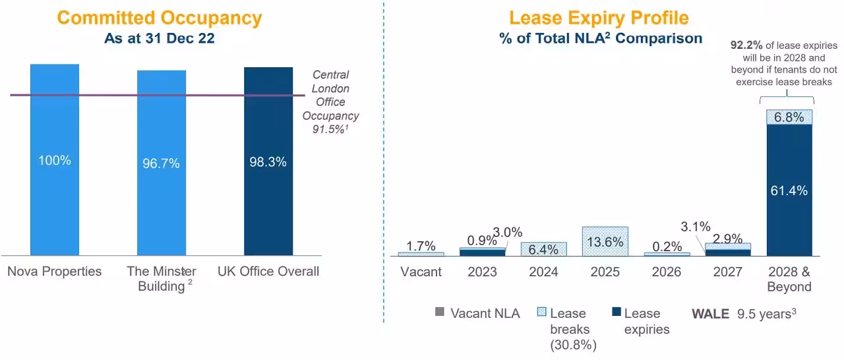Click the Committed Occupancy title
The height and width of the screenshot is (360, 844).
(x=159, y=18)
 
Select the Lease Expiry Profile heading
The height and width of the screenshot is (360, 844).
(x=599, y=18)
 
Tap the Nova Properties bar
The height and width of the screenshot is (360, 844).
(x=55, y=198)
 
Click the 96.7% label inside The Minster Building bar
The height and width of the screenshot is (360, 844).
(x=161, y=164)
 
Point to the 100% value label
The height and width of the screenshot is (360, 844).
(x=55, y=160)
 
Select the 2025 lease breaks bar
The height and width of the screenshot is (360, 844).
(x=605, y=241)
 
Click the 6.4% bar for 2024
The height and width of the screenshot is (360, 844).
(x=543, y=249)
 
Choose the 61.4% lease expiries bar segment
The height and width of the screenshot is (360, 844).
(x=789, y=190)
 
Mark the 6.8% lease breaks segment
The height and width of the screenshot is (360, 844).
(x=789, y=117)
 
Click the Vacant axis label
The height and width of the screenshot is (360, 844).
(x=421, y=272)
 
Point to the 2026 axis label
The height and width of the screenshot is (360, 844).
(x=667, y=272)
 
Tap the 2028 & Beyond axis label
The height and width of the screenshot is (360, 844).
(x=789, y=279)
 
